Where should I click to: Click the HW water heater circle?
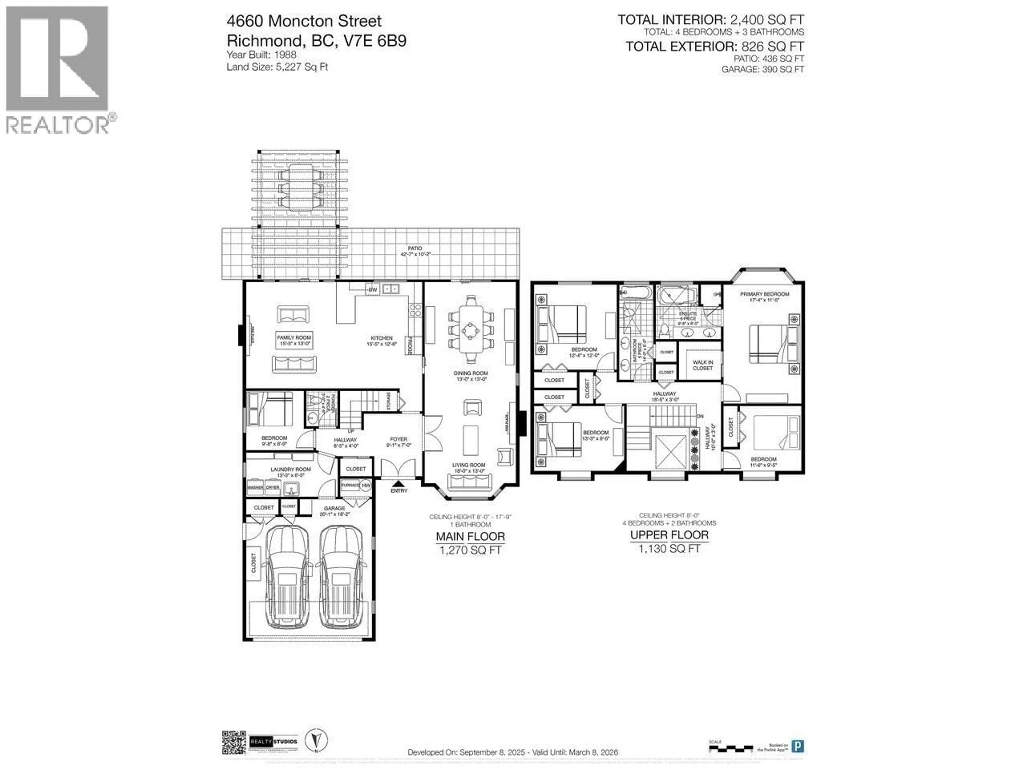[x=366, y=486]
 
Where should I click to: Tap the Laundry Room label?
[x=290, y=471]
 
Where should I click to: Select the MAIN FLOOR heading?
[x=470, y=537]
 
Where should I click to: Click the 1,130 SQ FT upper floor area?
[x=669, y=549]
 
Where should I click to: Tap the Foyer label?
[x=398, y=442]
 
